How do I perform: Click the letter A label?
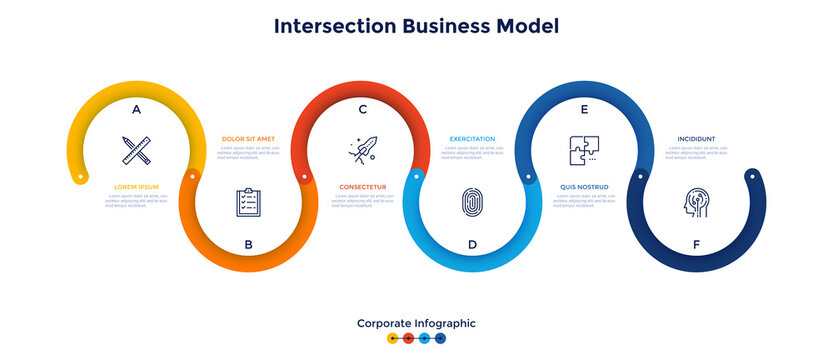click(x=136, y=109)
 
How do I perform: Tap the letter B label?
click(x=249, y=244)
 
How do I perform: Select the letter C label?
click(x=362, y=109)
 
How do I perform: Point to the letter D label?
click(x=472, y=244)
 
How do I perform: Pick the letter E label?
click(x=584, y=109)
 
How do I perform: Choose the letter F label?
click(x=696, y=244)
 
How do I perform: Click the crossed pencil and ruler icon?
click(x=136, y=150)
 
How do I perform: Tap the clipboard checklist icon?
click(x=249, y=202)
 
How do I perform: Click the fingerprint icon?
click(x=472, y=202)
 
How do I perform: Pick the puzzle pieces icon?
click(x=584, y=150)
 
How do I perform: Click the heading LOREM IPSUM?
click(x=137, y=186)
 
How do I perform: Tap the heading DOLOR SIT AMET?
click(x=248, y=138)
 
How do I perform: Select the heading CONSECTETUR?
click(x=362, y=186)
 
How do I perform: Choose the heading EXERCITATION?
click(x=473, y=138)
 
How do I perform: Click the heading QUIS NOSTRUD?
click(x=585, y=186)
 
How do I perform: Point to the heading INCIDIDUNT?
click(x=696, y=138)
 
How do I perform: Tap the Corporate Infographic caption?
click(x=416, y=323)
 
